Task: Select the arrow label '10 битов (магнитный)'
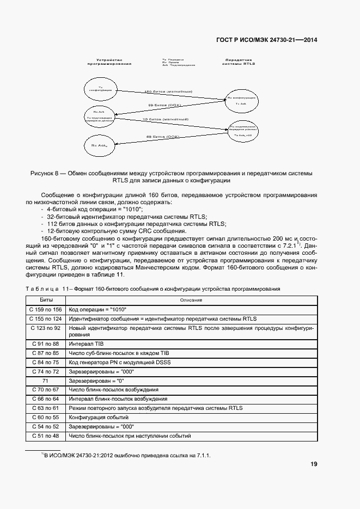coord(166,119)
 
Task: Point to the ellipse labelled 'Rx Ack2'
coord(99,145)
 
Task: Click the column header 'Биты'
coord(46,300)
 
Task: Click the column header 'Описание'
coord(191,300)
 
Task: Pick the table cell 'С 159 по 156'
coord(46,309)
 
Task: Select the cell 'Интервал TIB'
coord(86,344)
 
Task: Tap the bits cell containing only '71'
coord(46,381)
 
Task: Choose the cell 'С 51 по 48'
coord(46,436)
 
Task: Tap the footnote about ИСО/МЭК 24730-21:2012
coord(125,455)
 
